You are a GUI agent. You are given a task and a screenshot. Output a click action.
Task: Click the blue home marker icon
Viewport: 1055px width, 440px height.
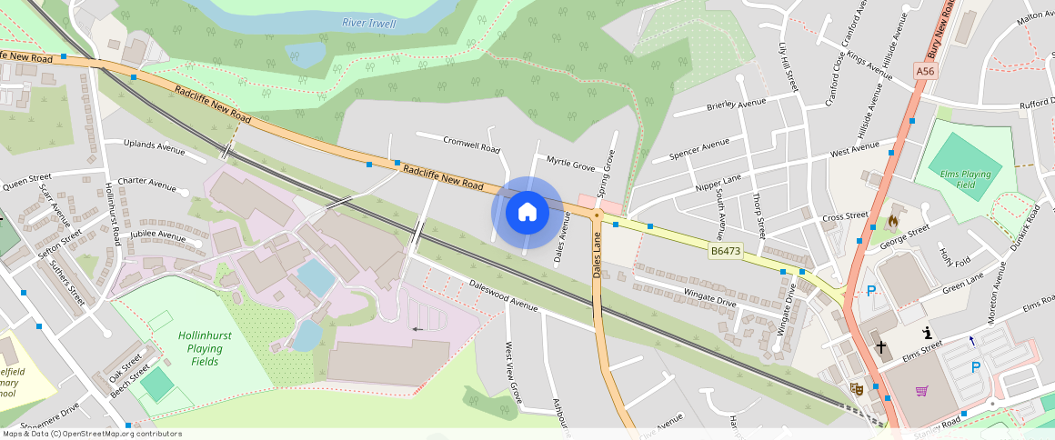click(527, 212)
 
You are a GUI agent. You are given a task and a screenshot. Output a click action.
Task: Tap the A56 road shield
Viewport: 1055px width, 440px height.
click(925, 71)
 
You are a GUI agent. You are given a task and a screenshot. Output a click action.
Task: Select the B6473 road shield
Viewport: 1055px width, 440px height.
click(725, 249)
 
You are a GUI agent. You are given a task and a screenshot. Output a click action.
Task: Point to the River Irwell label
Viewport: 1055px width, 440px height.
click(369, 23)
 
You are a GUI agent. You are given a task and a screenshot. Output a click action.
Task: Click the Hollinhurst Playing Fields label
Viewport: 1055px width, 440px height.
click(205, 348)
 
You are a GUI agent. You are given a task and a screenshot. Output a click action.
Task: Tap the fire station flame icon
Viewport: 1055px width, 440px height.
click(893, 221)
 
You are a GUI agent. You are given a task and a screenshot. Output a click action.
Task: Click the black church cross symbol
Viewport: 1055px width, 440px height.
click(880, 346)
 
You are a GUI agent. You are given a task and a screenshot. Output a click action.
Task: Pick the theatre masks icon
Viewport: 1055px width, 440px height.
click(855, 388)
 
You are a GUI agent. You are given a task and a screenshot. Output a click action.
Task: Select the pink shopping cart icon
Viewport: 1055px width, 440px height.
click(921, 391)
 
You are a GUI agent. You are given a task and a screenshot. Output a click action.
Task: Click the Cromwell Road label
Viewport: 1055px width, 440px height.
click(471, 144)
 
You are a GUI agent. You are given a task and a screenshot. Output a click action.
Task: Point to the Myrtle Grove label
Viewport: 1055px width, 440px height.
click(570, 164)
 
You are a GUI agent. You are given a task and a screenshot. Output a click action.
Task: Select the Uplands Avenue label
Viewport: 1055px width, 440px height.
click(154, 146)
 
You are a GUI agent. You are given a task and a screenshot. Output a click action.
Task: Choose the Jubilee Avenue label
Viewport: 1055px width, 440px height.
click(158, 235)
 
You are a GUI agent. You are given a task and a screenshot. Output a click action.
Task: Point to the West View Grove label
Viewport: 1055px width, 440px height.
click(514, 372)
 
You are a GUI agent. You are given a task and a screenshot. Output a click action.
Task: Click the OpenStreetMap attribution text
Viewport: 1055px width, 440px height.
click(91, 434)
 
